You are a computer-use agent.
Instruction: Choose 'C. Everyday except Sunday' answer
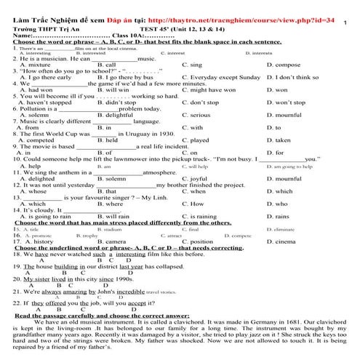(x=220, y=76)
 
